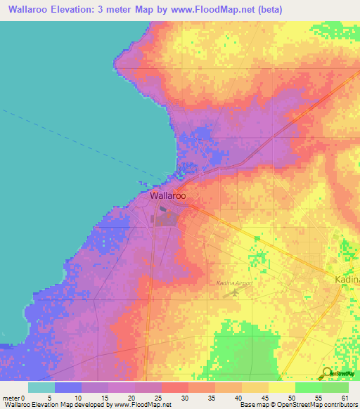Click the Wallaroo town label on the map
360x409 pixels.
(x=168, y=196)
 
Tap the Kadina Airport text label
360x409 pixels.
(x=234, y=283)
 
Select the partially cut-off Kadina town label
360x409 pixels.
(x=346, y=279)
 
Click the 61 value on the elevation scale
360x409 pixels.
(x=345, y=397)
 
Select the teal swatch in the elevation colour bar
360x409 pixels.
(x=41, y=387)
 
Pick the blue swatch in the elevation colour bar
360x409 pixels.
(x=67, y=387)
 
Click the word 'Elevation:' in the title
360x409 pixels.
(x=79, y=9)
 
